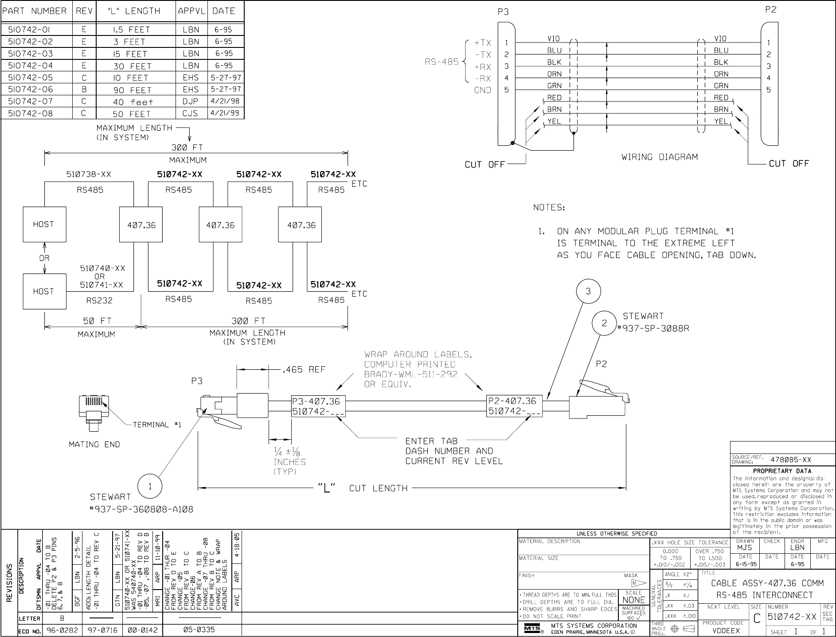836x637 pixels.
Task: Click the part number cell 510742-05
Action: [31, 78]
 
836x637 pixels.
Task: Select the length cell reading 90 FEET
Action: [133, 90]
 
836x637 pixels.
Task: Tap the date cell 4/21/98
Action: [226, 102]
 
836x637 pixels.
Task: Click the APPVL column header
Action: [192, 12]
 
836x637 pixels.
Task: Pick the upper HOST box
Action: [44, 224]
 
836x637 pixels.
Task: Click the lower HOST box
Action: [44, 291]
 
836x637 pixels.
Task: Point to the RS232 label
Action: [99, 301]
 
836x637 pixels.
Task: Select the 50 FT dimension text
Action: [97, 320]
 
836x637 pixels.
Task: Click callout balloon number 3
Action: [588, 291]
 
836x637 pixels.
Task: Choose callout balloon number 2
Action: [604, 323]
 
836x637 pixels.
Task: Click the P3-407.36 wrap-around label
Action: [318, 406]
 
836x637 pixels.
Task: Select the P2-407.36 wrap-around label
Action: [514, 406]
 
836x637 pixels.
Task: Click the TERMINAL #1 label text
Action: [157, 425]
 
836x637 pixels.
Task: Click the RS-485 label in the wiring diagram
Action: [441, 62]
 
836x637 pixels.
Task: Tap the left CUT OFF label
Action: [484, 165]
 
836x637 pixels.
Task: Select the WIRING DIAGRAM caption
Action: [660, 157]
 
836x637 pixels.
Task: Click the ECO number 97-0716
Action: [102, 630]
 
